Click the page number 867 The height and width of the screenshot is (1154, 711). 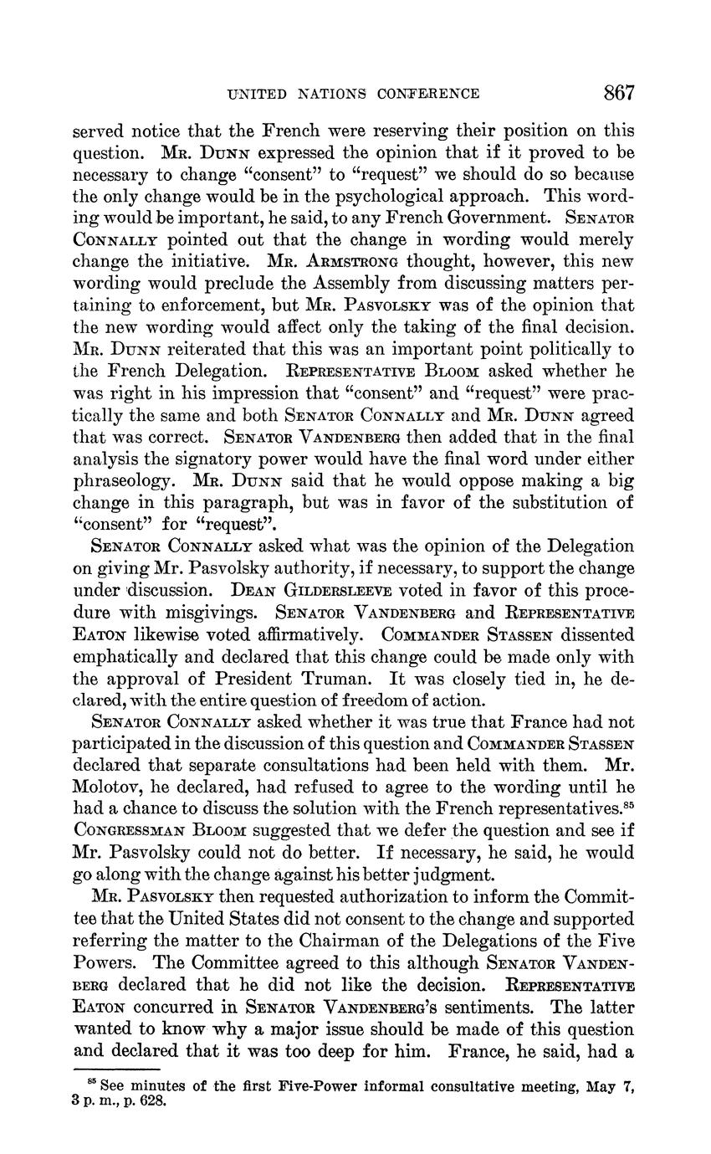[619, 93]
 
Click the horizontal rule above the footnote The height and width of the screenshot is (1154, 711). [116, 1069]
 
